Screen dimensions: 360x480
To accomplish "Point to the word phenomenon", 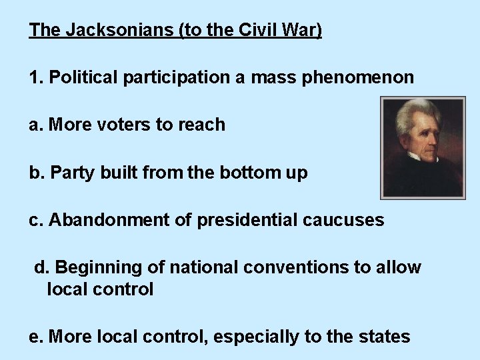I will coord(358,77).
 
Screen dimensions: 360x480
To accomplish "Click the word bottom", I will coord(247,173).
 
